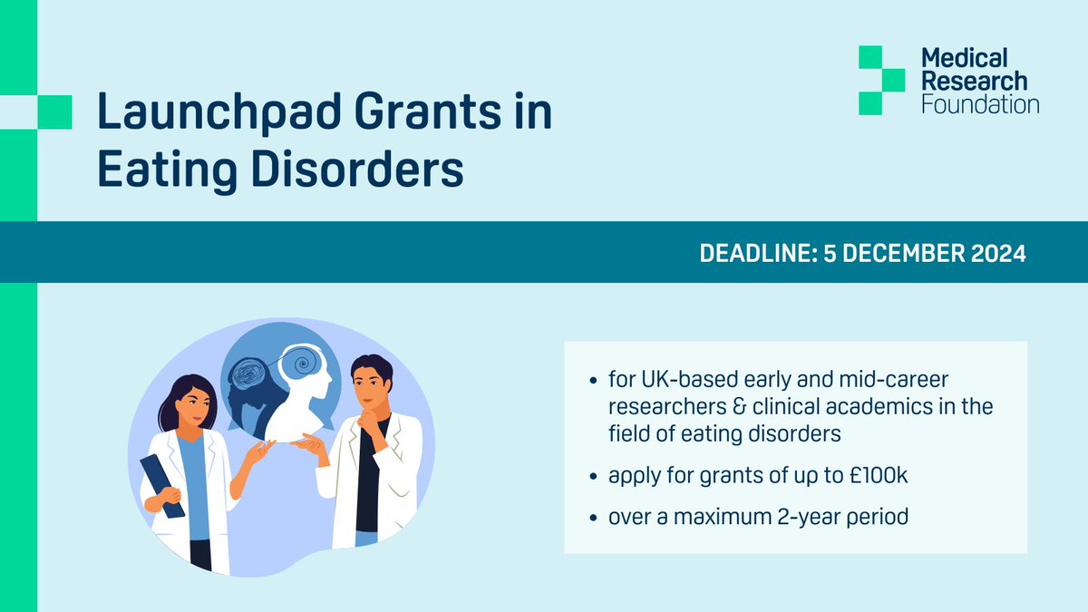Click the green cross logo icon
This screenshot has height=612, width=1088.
(x=881, y=80)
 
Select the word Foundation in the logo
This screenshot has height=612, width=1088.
(x=979, y=104)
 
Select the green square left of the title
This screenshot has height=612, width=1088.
(x=54, y=111)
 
